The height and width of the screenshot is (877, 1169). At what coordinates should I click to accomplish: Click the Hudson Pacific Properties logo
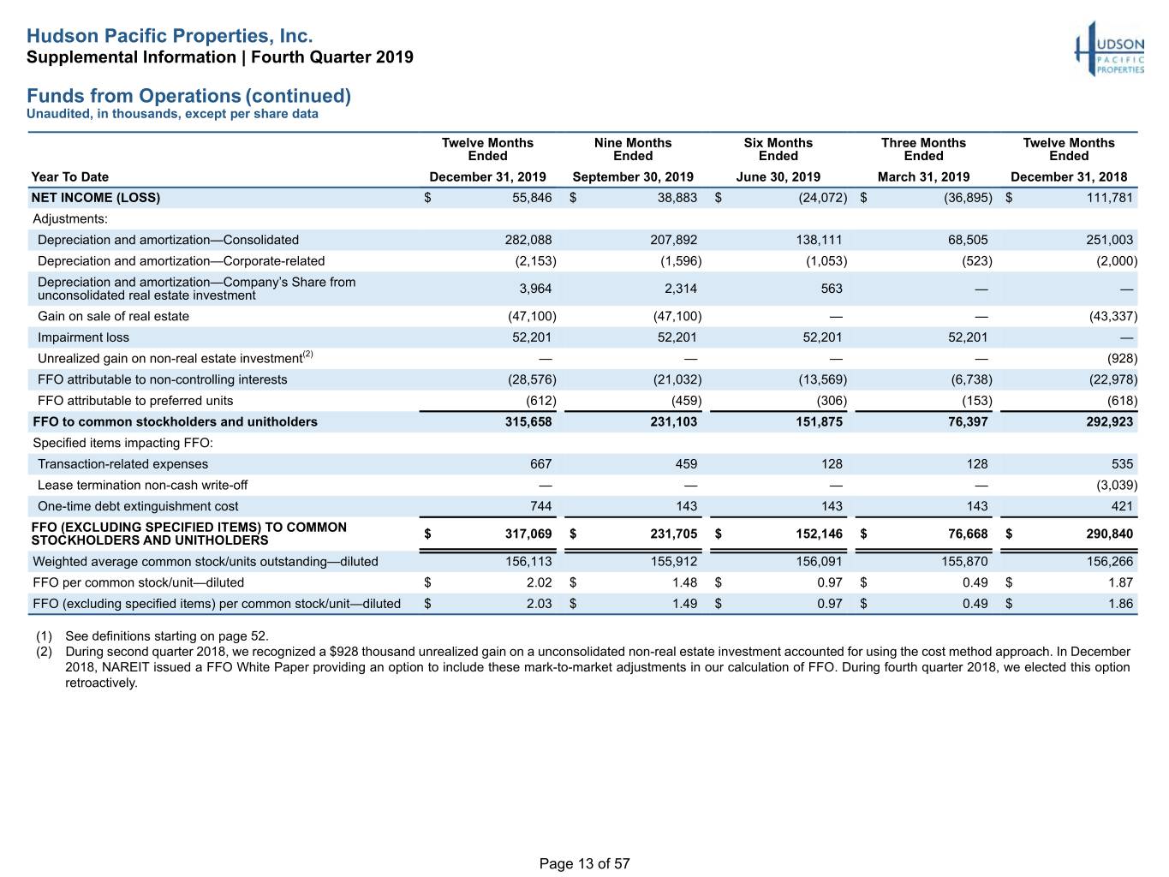[1109, 49]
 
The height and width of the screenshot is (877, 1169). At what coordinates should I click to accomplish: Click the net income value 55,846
[532, 198]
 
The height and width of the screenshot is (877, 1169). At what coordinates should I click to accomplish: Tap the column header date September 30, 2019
[633, 176]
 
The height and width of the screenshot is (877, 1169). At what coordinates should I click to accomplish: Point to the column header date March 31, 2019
[923, 176]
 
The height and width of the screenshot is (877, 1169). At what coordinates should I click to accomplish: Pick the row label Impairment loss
[83, 337]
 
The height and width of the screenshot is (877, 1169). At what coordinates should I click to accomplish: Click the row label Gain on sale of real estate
[113, 316]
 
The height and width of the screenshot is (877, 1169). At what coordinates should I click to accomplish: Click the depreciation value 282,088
[528, 240]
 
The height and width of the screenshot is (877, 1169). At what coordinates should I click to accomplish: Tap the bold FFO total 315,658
[528, 421]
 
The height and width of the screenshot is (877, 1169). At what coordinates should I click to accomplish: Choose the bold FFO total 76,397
[968, 421]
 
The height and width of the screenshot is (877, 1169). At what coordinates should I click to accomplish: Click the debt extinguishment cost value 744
[540, 506]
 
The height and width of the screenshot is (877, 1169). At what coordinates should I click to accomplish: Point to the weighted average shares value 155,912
[674, 561]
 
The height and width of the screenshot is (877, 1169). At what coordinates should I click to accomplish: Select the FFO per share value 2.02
[539, 582]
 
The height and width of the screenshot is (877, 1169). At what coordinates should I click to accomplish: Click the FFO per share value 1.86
[1120, 603]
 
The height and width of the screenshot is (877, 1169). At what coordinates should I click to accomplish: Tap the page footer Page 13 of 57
[584, 863]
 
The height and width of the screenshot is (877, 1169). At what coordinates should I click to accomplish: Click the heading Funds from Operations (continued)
[189, 96]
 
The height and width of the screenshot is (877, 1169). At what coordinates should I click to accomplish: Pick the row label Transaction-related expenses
[122, 464]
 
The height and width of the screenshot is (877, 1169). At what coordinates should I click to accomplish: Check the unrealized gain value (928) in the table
[1122, 358]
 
